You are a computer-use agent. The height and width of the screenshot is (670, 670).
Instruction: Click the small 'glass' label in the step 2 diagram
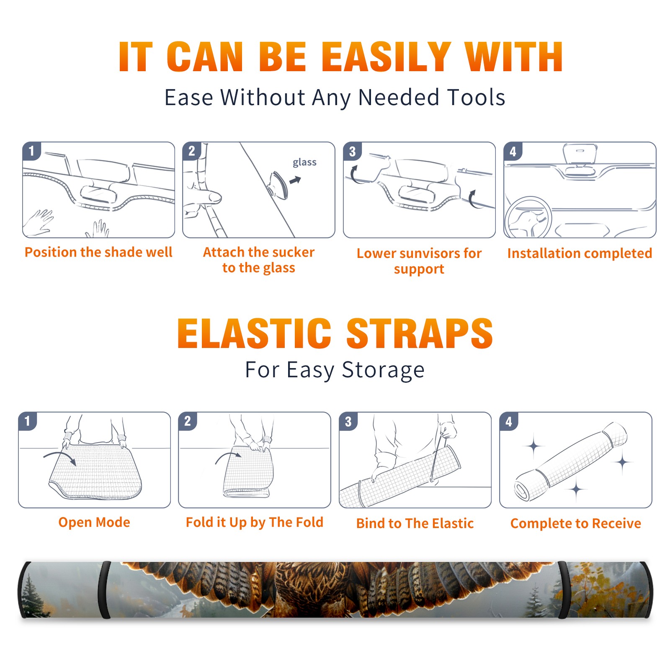[304, 162]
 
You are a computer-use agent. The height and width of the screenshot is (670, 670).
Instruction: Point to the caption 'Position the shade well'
[98, 252]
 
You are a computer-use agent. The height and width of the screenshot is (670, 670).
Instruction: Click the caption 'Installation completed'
[580, 253]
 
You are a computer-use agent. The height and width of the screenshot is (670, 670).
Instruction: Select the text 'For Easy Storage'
[335, 370]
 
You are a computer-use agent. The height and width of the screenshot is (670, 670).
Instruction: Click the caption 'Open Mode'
[94, 522]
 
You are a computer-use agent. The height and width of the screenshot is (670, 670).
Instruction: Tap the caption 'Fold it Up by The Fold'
[255, 523]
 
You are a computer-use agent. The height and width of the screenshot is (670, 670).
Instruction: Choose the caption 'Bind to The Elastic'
[415, 523]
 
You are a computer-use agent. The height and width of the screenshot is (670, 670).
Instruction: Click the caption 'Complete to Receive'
[576, 523]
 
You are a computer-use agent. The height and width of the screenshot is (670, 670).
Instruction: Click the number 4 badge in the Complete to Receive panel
[509, 421]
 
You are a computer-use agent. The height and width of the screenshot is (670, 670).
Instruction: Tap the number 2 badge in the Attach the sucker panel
[192, 151]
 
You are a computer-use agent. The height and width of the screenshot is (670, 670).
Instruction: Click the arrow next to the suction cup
[295, 180]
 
